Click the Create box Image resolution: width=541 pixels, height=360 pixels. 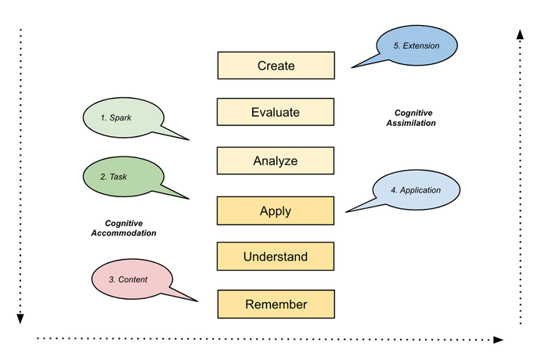(x=276, y=66)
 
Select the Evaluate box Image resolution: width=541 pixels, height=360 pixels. (x=276, y=112)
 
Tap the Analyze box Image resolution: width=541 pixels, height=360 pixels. (x=276, y=160)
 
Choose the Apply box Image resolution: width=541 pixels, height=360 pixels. (x=276, y=211)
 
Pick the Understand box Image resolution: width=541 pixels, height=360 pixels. (x=276, y=256)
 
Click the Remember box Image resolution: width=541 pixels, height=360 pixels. (x=276, y=304)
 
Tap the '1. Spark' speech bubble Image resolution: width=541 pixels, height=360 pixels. (x=123, y=117)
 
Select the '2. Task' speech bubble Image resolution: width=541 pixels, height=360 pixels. (x=123, y=177)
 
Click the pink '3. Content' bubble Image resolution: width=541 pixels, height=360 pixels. (x=132, y=279)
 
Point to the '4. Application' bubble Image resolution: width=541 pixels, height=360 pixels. (x=417, y=189)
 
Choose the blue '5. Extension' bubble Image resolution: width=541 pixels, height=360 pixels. (x=417, y=45)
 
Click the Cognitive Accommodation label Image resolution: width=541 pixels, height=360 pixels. (x=124, y=228)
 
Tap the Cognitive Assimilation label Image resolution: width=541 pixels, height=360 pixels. (x=411, y=118)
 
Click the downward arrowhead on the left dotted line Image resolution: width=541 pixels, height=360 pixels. (x=20, y=319)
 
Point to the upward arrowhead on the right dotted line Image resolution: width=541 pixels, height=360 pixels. (x=521, y=34)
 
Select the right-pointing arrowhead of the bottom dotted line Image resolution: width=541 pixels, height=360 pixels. (x=499, y=340)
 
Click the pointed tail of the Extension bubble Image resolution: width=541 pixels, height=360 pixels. (x=352, y=67)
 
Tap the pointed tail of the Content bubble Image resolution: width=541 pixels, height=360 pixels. (x=197, y=301)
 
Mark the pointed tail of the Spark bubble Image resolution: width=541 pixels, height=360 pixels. (x=189, y=140)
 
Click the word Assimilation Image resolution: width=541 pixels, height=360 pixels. (x=411, y=123)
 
